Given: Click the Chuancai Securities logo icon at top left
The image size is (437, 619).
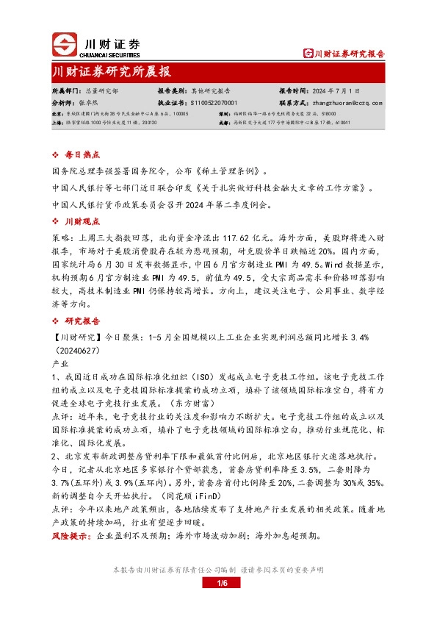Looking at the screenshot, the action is (64, 46).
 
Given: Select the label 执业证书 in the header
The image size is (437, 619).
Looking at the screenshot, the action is (172, 104).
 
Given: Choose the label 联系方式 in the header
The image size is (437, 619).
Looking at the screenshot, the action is (292, 104).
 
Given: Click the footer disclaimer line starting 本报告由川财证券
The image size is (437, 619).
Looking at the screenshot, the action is (218, 570).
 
